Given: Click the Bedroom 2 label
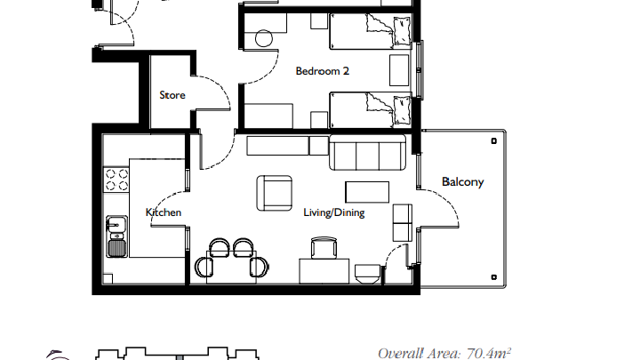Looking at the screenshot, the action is point(322,71).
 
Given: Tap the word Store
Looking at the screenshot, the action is point(172,95).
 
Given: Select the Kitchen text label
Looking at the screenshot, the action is point(164,212).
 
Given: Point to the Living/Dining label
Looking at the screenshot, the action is point(334,212).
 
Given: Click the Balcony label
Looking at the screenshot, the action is point(462,181).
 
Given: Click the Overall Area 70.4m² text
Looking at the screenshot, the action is point(444,353).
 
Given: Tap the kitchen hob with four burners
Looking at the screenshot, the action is point(116,180).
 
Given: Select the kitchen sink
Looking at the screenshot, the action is point(116,236).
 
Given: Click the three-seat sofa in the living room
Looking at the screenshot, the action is point(367,153).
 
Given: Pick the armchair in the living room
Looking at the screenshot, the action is point(275,193).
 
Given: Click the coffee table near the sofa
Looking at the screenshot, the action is point(367,192).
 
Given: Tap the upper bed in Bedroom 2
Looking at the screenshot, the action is point(370,31).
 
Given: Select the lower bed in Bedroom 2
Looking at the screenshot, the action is point(370,110).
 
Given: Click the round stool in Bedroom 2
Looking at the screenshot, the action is point(264,39).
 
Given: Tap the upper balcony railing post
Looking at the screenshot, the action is point(494,141).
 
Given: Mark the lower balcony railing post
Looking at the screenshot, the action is point(494,277).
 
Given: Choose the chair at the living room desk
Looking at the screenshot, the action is point(324,248).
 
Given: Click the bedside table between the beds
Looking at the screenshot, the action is point(399,70).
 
